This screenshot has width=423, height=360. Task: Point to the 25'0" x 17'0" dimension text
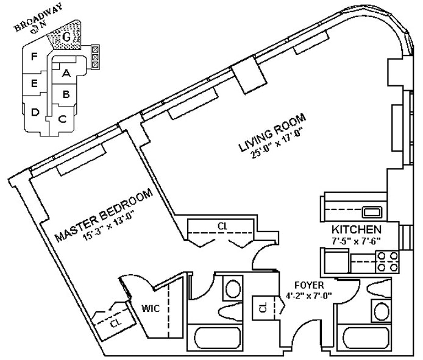click(275, 145)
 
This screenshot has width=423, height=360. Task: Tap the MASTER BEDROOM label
click(102, 217)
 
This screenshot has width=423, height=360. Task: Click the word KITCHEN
click(357, 230)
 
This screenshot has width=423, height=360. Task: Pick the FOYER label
click(308, 285)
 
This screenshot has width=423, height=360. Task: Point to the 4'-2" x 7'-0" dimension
click(310, 296)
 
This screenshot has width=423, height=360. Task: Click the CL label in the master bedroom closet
click(115, 323)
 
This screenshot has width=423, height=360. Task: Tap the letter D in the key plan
click(35, 111)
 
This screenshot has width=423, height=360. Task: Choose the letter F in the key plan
click(35, 57)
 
